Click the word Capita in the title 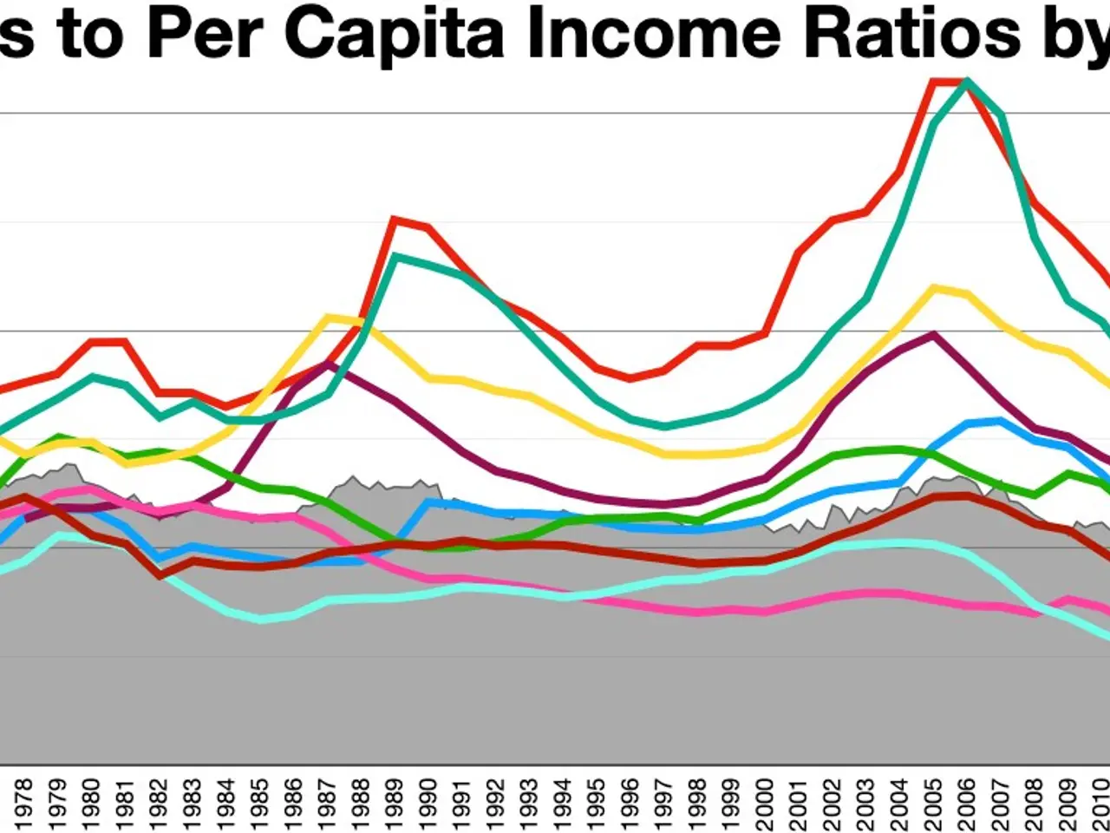(x=395, y=33)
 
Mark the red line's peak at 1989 (x=395, y=219)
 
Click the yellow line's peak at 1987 (x=328, y=317)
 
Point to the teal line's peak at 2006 (x=967, y=82)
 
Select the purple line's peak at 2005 (x=933, y=334)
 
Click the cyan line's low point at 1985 (x=260, y=620)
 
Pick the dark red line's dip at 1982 (x=160, y=575)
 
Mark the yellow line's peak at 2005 (x=933, y=287)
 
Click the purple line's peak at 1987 (x=327, y=364)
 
